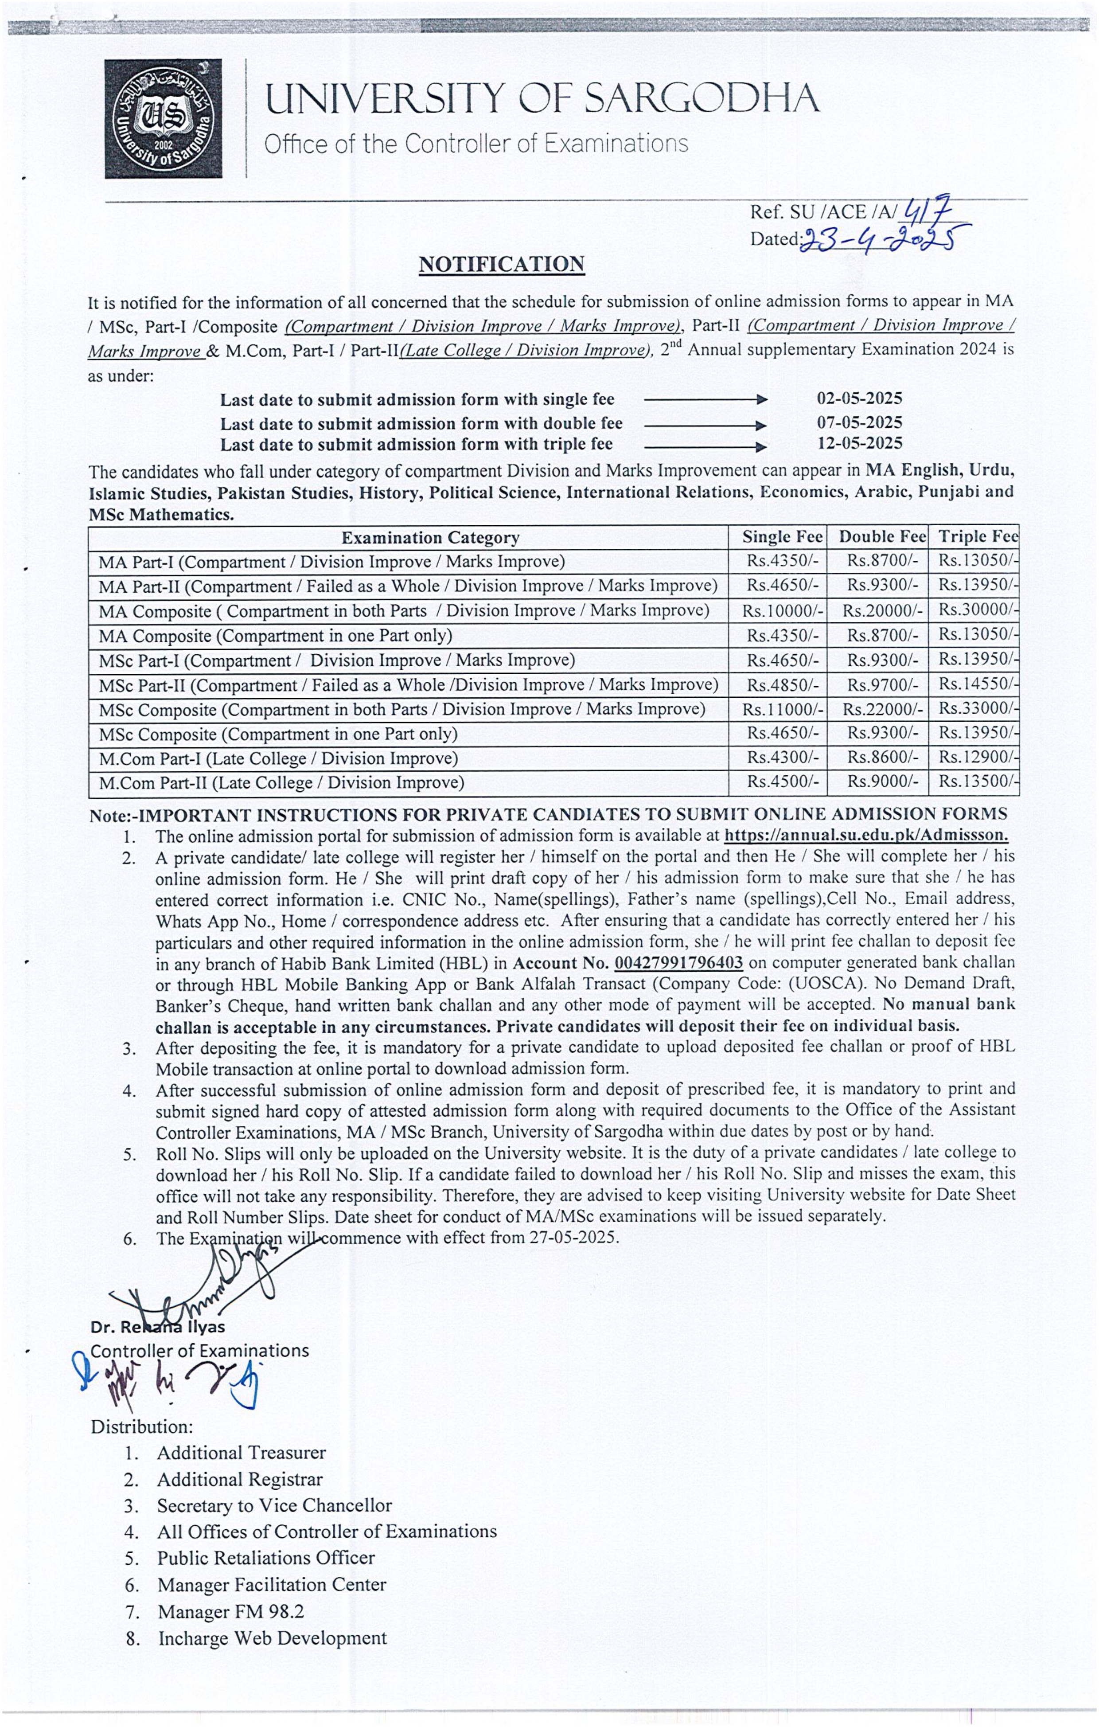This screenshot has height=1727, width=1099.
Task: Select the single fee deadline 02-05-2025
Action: coord(859,399)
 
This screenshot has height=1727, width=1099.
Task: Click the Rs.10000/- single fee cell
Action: coord(782,610)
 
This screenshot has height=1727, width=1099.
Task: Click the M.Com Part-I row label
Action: coord(278,758)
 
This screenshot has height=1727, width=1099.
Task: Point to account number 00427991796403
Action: coord(678,962)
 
